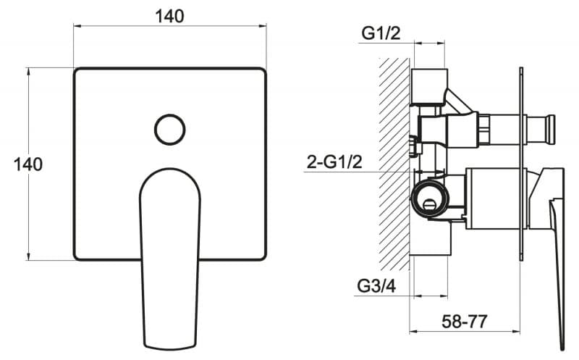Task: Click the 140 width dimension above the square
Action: [x=169, y=17]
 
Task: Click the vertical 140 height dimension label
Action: [x=28, y=164]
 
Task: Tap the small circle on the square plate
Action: [x=170, y=130]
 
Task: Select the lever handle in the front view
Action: [x=170, y=259]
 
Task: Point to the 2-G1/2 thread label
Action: [x=334, y=162]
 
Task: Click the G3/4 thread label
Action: [x=376, y=285]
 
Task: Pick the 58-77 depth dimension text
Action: [x=465, y=322]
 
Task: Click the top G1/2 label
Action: [x=381, y=33]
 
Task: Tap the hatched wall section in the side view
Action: [x=394, y=164]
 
